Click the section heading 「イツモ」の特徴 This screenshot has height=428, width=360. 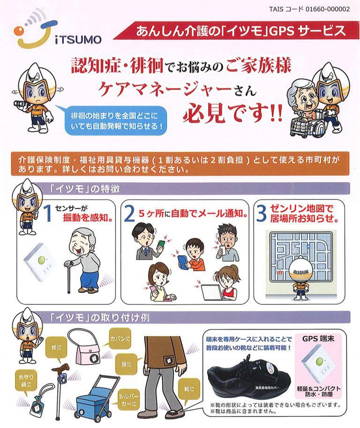pyautogui.click(x=84, y=189)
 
